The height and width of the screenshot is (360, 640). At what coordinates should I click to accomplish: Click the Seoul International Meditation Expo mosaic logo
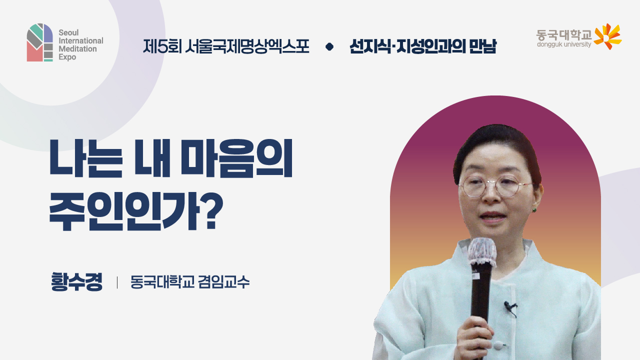[40, 42]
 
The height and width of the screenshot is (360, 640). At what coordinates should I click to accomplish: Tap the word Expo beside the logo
[67, 57]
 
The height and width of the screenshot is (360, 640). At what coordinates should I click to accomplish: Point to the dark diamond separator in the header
[329, 47]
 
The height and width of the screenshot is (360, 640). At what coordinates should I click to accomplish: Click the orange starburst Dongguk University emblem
[607, 36]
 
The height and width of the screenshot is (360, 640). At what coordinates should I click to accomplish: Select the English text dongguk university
[563, 44]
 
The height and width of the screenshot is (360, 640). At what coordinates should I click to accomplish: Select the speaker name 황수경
[76, 282]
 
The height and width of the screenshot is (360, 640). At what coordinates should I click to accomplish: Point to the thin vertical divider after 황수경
[117, 282]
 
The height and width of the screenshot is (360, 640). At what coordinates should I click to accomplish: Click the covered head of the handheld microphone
[482, 251]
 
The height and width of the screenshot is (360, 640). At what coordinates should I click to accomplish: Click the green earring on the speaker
[533, 209]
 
